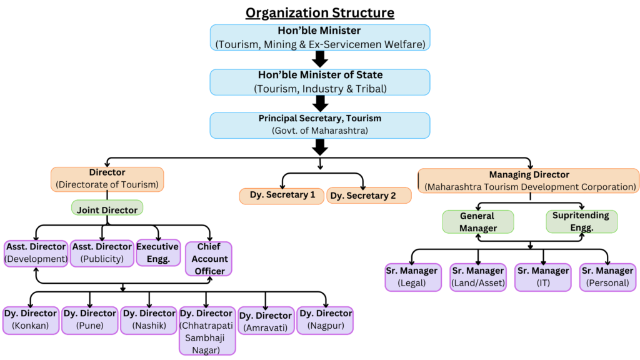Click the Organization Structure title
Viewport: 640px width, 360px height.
pyautogui.click(x=319, y=12)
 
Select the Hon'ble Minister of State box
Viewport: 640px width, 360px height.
pyautogui.click(x=319, y=82)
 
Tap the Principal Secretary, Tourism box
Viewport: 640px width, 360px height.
pyautogui.click(x=319, y=124)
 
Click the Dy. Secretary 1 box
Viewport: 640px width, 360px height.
pyautogui.click(x=282, y=196)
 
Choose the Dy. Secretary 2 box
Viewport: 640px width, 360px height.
pyautogui.click(x=369, y=196)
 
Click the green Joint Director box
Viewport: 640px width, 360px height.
pyautogui.click(x=107, y=210)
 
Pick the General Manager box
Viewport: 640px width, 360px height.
pyautogui.click(x=477, y=222)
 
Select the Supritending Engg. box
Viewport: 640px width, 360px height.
pyautogui.click(x=581, y=221)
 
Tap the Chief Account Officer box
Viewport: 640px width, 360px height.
pyautogui.click(x=209, y=259)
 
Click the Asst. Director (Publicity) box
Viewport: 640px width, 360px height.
pyautogui.click(x=101, y=253)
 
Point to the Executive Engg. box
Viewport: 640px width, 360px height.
pyautogui.click(x=157, y=252)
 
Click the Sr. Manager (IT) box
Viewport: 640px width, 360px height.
pyautogui.click(x=542, y=277)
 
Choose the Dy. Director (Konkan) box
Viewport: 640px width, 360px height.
pyautogui.click(x=31, y=319)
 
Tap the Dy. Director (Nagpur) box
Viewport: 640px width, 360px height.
pyautogui.click(x=324, y=319)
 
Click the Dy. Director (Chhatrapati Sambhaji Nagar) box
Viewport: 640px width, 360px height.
pyautogui.click(x=207, y=330)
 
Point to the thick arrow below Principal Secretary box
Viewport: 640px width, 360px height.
pyautogui.click(x=319, y=147)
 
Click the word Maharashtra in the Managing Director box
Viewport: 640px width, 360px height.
pyautogui.click(x=455, y=186)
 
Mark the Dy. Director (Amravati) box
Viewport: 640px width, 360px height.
pyautogui.click(x=265, y=321)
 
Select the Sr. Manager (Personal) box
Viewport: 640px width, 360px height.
pyautogui.click(x=607, y=277)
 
